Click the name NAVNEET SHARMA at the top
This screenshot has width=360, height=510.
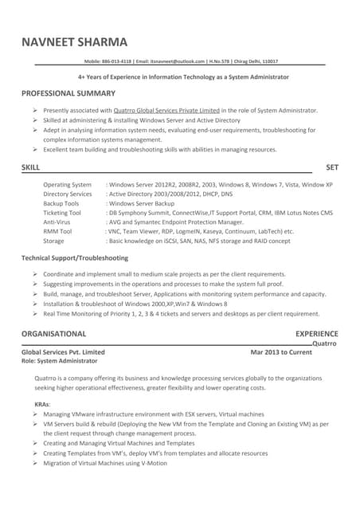coord(75,42)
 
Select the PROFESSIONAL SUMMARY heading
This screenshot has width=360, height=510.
coord(72,94)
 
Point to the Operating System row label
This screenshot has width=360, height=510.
coord(67,184)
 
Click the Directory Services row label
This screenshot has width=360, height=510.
coord(68,194)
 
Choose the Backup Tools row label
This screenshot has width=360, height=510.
coord(61,203)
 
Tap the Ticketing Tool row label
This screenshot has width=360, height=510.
coord(62,213)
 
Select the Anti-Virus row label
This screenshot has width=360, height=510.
coord(57,222)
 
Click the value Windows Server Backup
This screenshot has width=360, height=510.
coord(143,203)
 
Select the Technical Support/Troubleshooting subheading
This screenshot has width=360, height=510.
coord(75,258)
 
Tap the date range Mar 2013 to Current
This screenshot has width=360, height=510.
coord(281,351)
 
